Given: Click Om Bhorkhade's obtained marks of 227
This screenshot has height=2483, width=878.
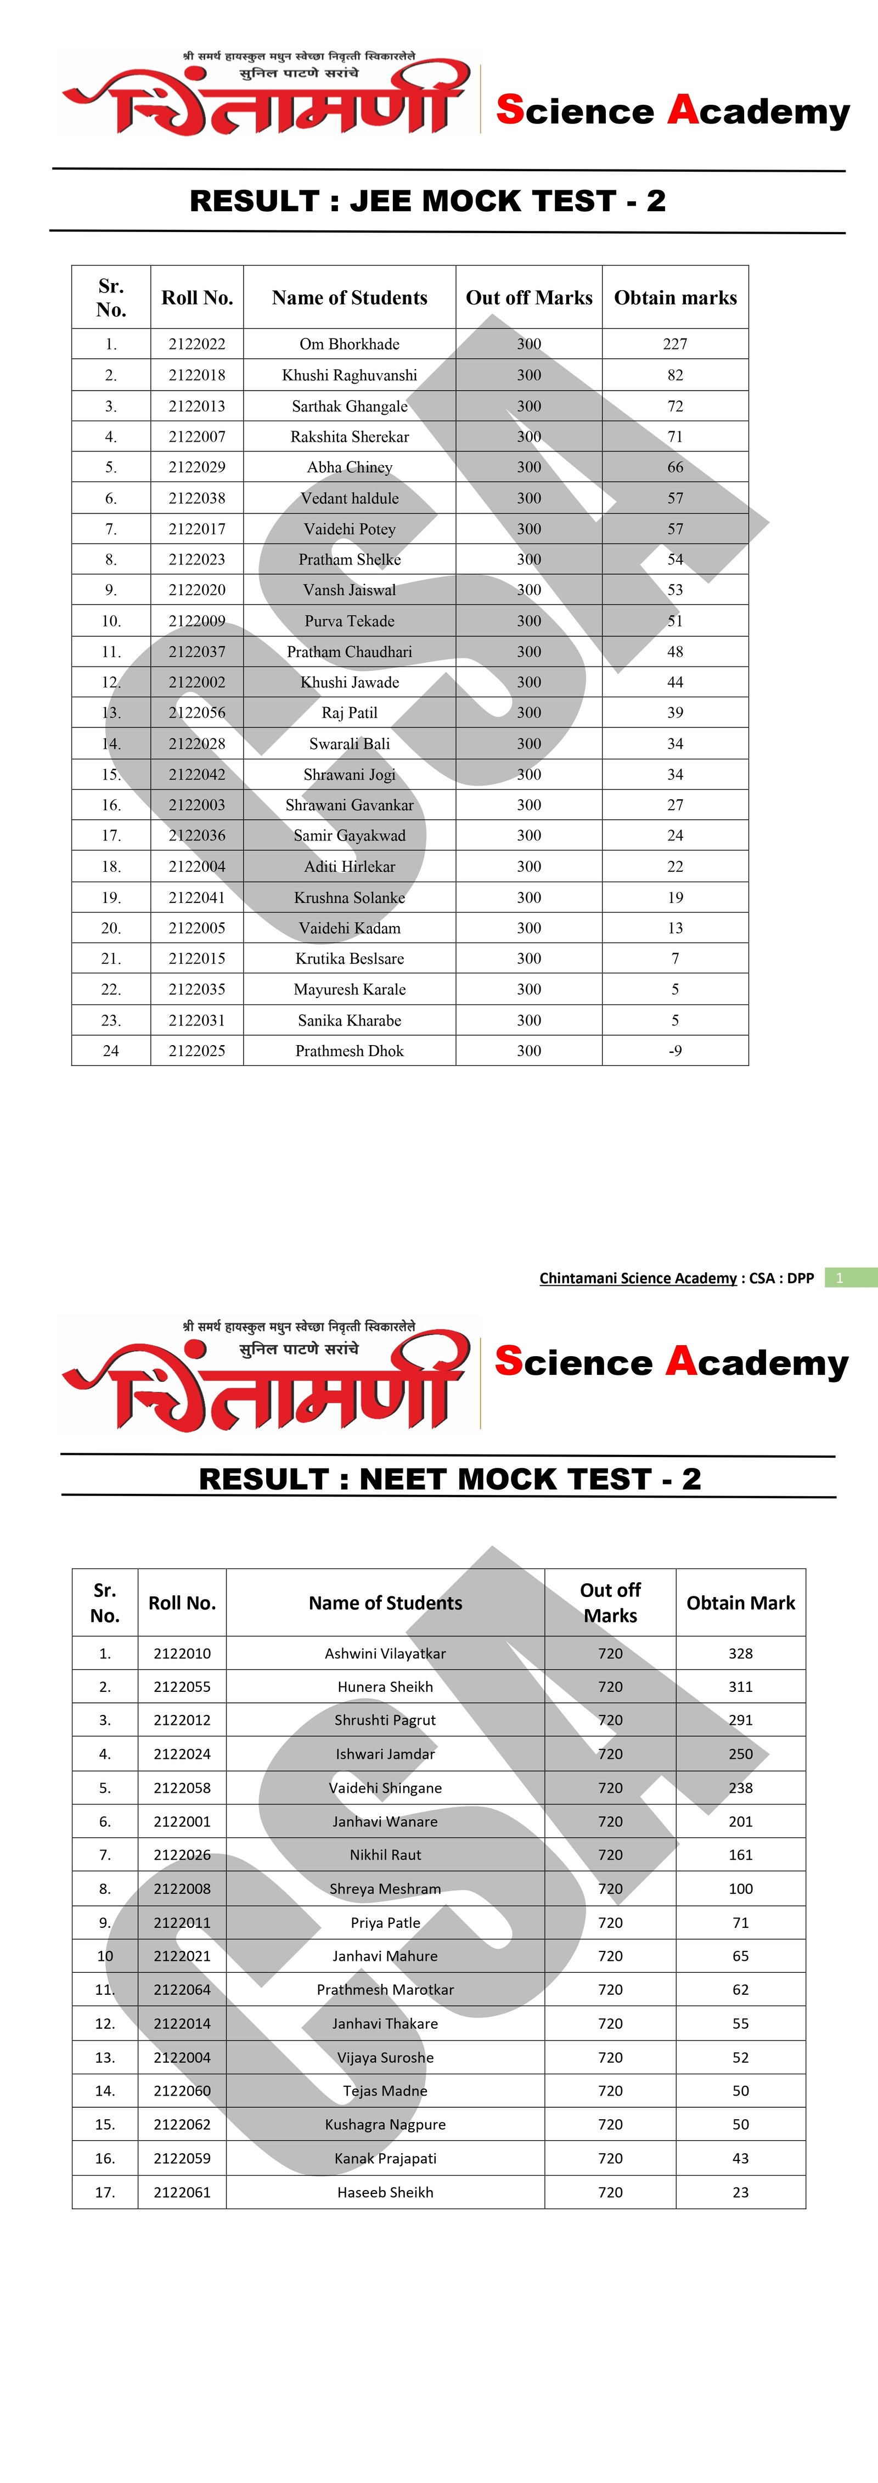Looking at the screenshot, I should pos(674,344).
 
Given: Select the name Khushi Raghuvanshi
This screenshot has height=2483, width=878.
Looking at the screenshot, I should pos(350,375).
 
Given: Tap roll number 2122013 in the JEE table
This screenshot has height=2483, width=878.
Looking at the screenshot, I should pos(196,406).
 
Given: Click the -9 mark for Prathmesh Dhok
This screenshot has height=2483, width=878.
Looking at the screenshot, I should pos(674,1051).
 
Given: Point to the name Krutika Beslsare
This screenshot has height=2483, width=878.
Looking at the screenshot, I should pos(350,958).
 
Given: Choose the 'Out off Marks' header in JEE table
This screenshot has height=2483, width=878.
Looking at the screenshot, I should pos(529,298).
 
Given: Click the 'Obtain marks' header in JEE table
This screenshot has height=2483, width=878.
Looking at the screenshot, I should pos(674,298).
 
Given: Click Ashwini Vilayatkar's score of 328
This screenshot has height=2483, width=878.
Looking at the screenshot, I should pos(740,1653).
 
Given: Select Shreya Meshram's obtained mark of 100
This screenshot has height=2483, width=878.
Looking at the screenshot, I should pos(740,1888).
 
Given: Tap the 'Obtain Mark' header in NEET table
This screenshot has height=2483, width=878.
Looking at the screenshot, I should pos(740,1602).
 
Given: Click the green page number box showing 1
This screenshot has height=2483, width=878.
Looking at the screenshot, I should pos(840,1278).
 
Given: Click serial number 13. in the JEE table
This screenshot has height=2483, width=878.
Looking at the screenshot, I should pos(111,712).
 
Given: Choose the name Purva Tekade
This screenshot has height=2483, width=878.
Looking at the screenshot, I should pos(350,621).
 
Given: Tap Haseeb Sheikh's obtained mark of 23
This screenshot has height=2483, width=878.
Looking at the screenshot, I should pos(740,2192).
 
